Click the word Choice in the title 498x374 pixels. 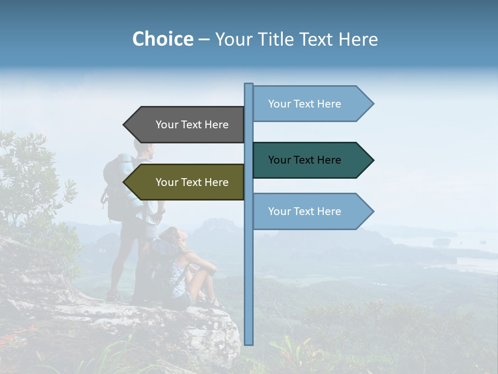click(x=162, y=39)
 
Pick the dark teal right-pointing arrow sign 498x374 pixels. click(x=309, y=160)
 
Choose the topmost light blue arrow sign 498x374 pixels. click(x=309, y=104)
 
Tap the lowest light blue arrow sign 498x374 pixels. click(x=309, y=211)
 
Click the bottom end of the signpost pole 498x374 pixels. click(x=248, y=342)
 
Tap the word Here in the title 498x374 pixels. click(x=358, y=39)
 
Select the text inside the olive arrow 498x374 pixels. click(x=192, y=182)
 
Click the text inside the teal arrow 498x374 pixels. click(x=305, y=160)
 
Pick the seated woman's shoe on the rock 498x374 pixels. click(x=216, y=303)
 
